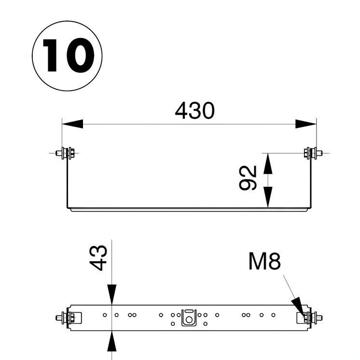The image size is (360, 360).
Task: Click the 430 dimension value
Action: click(x=194, y=111)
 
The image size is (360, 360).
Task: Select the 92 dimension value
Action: click(x=248, y=178)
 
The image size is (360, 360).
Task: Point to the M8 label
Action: click(x=264, y=262)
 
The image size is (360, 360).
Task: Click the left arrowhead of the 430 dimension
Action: click(x=73, y=124)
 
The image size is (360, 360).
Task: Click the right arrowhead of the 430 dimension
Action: click(x=305, y=124)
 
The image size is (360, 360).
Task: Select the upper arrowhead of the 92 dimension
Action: click(x=268, y=163)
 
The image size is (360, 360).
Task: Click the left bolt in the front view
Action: click(x=65, y=153)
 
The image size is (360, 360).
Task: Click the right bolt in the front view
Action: click(x=313, y=153)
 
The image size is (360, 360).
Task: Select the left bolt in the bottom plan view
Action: click(x=66, y=318)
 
